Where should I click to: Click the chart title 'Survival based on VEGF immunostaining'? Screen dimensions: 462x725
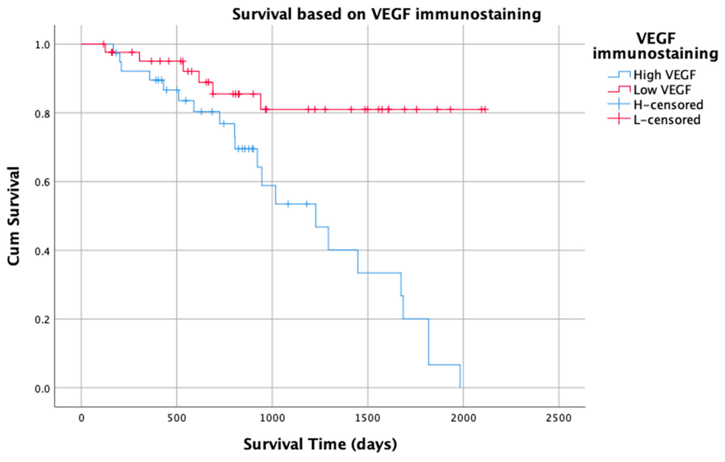point(387,15)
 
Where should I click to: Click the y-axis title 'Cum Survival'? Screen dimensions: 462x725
point(14,216)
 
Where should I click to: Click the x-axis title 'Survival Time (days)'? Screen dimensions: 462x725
point(320,444)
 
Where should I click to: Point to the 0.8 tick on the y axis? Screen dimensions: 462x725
point(42,114)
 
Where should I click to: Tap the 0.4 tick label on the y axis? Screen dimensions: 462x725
point(42,251)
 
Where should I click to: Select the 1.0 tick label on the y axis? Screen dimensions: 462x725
point(42,45)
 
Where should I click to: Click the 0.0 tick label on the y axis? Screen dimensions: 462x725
point(42,389)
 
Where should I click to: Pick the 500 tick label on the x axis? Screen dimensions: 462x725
point(177,418)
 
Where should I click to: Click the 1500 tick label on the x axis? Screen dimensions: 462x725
point(368,418)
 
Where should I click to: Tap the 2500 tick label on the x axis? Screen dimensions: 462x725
point(558,418)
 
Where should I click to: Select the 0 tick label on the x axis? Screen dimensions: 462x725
point(81,418)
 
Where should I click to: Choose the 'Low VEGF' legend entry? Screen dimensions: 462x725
point(662,90)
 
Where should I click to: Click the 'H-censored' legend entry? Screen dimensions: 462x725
point(668,105)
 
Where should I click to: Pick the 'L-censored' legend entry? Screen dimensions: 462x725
point(667,120)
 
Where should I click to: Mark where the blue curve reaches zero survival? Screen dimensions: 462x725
point(460,387)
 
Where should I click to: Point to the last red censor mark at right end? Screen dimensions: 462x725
point(485,109)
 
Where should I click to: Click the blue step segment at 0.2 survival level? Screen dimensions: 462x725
point(415,319)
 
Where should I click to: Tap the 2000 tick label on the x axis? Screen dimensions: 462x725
point(463,418)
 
